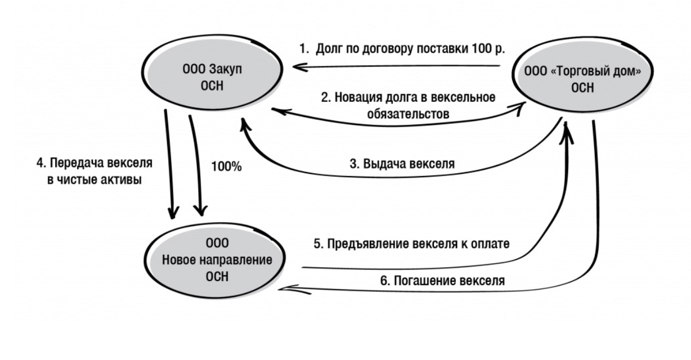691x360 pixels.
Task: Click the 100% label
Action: (226, 167)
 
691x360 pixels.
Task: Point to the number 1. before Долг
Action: (304, 48)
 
